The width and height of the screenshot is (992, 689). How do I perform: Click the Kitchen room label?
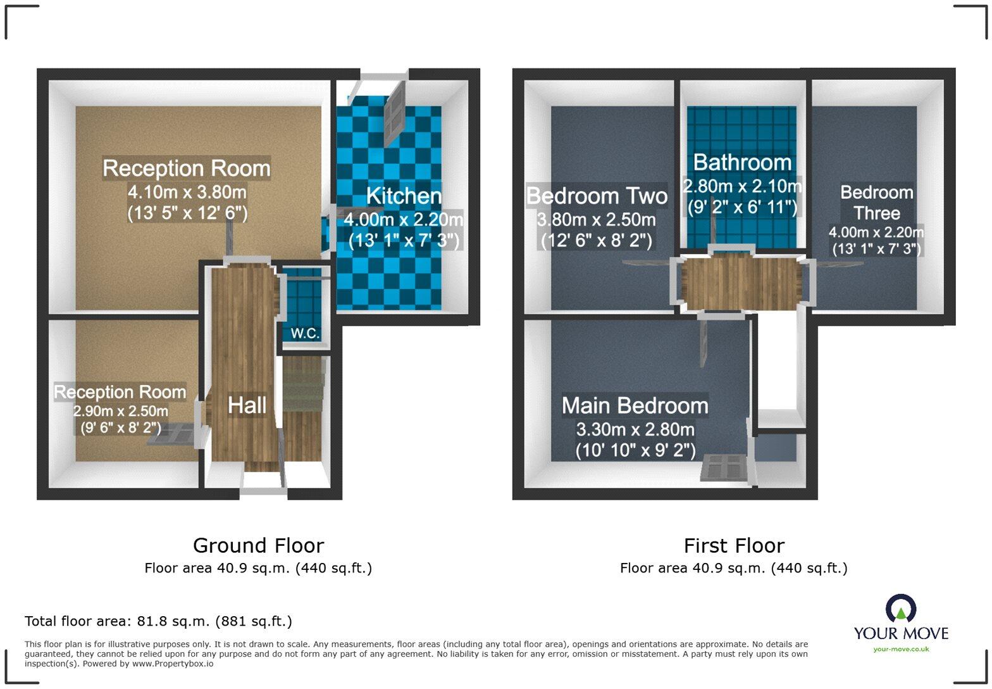[404, 196]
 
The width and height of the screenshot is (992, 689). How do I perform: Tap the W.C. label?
[305, 333]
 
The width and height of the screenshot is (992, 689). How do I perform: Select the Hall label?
[247, 405]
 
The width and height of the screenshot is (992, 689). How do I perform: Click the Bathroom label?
[742, 162]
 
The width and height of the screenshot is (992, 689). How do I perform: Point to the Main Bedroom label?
[635, 406]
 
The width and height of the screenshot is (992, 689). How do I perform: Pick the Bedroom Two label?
[597, 196]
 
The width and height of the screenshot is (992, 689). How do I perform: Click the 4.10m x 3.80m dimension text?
[187, 192]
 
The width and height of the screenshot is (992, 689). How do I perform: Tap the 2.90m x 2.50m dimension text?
[120, 411]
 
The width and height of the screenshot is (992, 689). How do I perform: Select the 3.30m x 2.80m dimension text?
[635, 429]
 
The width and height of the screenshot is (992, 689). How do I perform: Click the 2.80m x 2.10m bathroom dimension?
[742, 186]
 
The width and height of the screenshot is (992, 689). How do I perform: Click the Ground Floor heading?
[259, 545]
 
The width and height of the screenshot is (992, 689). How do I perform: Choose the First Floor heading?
[734, 545]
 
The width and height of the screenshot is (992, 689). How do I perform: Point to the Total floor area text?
[159, 621]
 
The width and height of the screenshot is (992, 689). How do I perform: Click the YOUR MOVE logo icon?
[901, 608]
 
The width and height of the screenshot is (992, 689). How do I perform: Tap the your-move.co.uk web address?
[901, 649]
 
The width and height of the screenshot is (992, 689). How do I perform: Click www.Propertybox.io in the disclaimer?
[173, 664]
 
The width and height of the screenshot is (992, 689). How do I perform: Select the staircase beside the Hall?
[303, 410]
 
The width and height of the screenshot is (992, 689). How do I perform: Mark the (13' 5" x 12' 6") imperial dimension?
[187, 213]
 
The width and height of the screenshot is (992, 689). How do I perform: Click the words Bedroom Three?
[877, 203]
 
